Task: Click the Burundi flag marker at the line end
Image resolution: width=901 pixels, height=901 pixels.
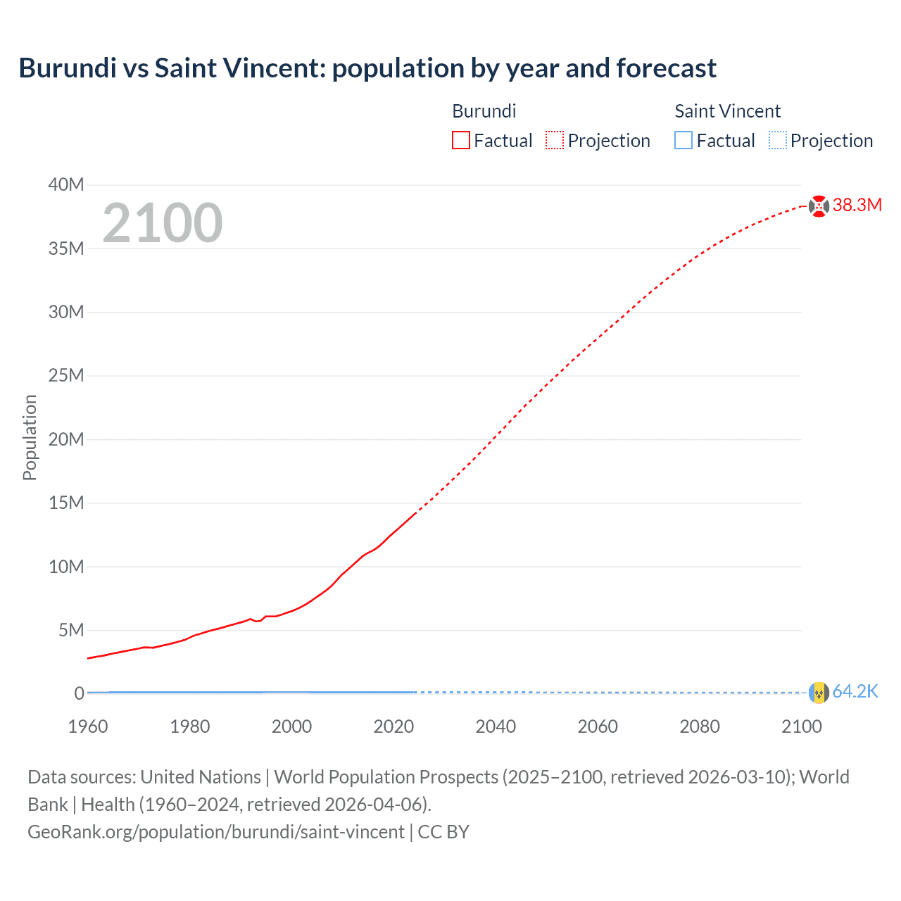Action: [819, 206]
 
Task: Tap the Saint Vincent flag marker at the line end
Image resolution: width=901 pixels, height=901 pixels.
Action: [819, 693]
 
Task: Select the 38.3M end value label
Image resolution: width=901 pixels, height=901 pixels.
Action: [857, 205]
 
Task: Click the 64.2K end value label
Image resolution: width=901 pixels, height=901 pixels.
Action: [855, 692]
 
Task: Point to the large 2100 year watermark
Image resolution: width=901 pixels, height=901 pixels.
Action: [163, 223]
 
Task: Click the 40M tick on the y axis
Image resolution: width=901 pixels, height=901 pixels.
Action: [66, 185]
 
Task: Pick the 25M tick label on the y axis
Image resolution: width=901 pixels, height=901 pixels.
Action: [66, 376]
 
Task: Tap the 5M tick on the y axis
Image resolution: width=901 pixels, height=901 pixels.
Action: [70, 630]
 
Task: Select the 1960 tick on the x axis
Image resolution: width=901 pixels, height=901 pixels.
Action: [88, 726]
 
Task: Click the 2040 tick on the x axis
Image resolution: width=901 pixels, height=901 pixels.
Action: [496, 726]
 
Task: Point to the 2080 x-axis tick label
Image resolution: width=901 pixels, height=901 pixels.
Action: [700, 726]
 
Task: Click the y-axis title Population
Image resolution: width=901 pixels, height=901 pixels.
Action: [30, 437]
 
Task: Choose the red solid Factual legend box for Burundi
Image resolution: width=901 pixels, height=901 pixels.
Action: [460, 141]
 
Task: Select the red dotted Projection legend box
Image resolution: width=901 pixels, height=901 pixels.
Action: [555, 141]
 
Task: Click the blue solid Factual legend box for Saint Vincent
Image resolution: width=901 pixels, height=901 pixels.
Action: [683, 141]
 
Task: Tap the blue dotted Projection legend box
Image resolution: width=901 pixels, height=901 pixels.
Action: [777, 141]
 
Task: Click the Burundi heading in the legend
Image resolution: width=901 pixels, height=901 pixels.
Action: [484, 111]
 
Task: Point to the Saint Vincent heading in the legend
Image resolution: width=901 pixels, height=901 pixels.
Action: [727, 111]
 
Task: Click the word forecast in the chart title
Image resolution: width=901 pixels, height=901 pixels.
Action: [666, 68]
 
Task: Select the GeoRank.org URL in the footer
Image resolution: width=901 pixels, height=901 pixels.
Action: [216, 832]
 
